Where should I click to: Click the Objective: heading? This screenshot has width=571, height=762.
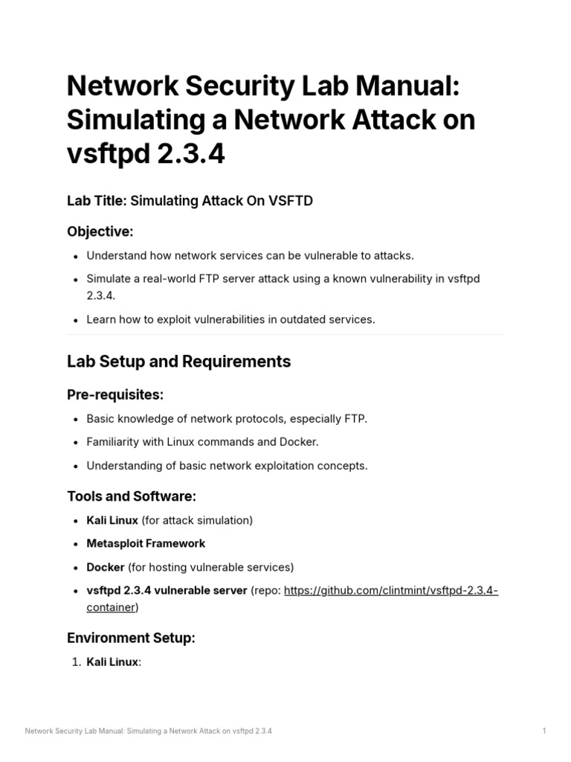tap(100, 231)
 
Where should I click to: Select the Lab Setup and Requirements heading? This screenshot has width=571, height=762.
tap(178, 362)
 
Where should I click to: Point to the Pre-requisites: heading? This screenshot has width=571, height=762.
tap(114, 395)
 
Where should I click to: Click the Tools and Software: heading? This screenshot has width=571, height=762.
tap(132, 496)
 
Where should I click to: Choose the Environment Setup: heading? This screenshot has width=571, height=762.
tap(131, 638)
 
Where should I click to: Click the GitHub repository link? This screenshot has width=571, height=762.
tap(390, 591)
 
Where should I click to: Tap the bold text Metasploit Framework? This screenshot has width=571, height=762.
tap(146, 543)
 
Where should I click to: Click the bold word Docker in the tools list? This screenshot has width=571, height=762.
tap(106, 567)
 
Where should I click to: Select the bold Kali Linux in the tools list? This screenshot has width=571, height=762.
tap(112, 520)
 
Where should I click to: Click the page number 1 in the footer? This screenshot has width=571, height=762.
tap(544, 731)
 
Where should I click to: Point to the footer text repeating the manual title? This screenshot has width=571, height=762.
tap(149, 731)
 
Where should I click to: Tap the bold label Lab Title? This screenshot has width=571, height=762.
tap(97, 202)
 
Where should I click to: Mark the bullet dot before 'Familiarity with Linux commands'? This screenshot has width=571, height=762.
tap(77, 443)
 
